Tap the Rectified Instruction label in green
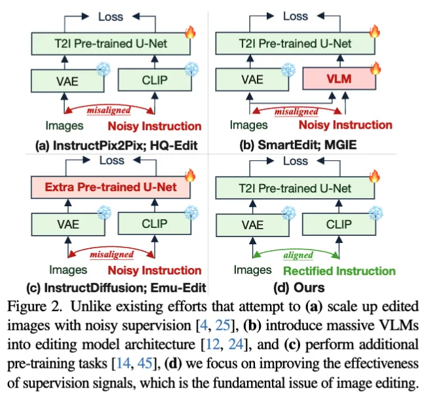coord(339,271)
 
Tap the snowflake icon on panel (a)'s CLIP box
coord(191,68)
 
